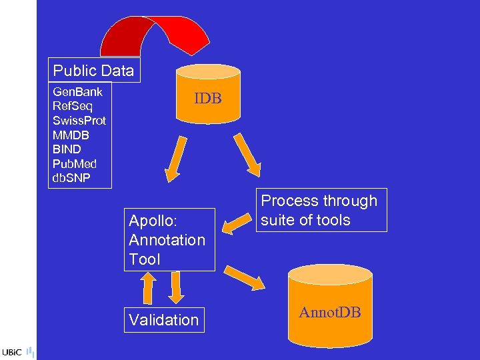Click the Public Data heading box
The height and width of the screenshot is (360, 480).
point(93,71)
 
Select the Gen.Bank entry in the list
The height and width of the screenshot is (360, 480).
point(77,92)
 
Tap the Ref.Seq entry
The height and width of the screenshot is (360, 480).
point(73,106)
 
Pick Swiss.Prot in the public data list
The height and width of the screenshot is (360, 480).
point(79,121)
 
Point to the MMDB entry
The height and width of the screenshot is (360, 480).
point(71,135)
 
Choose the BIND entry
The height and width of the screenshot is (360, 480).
point(67,149)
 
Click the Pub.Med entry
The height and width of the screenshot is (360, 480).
point(75,163)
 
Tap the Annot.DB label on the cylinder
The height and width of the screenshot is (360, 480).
point(329,313)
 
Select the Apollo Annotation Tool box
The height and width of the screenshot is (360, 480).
point(170,239)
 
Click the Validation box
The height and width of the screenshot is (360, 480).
point(164,320)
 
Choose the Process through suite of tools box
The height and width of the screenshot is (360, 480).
point(320,211)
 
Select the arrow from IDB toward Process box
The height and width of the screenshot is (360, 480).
point(246,153)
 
